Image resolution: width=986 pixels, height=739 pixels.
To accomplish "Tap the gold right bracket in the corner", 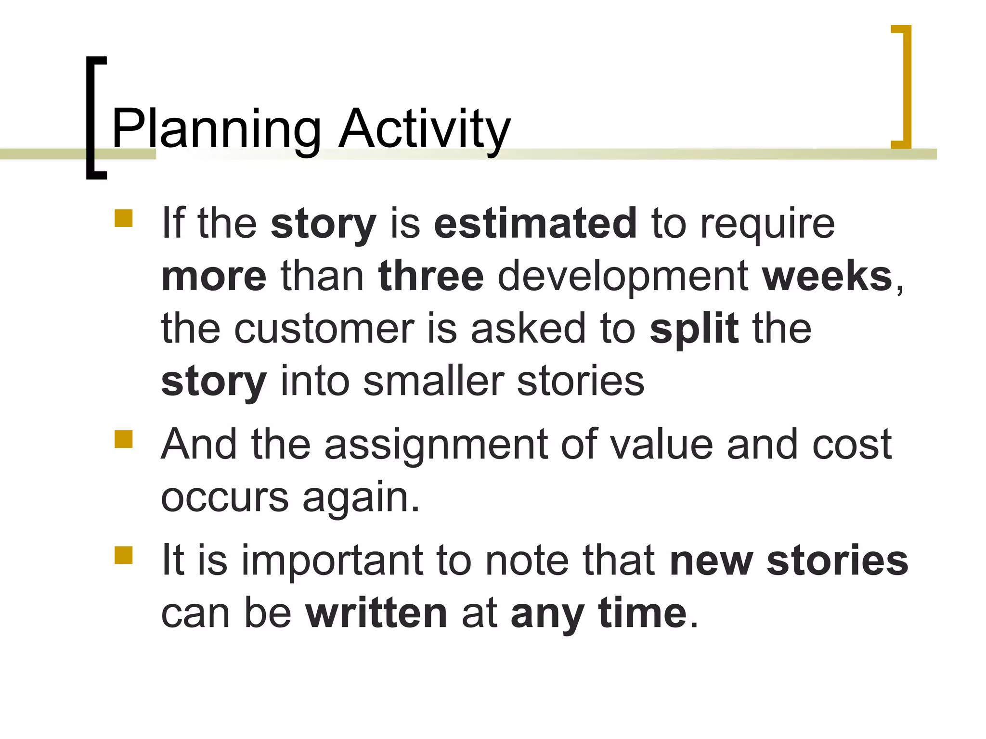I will click(x=906, y=87).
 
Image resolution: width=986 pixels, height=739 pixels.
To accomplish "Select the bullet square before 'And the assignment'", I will click(x=124, y=439).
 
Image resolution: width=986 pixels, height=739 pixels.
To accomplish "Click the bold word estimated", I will click(x=535, y=223).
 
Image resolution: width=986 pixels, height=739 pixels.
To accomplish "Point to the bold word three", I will click(x=431, y=276).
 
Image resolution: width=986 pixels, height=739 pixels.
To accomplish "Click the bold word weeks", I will click(x=827, y=276).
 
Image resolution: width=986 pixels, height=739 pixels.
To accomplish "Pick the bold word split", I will click(x=694, y=329).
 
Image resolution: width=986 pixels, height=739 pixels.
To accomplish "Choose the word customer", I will click(x=324, y=330).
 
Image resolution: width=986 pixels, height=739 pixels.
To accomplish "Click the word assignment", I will click(x=436, y=445).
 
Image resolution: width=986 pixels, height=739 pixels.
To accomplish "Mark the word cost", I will click(x=852, y=445).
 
